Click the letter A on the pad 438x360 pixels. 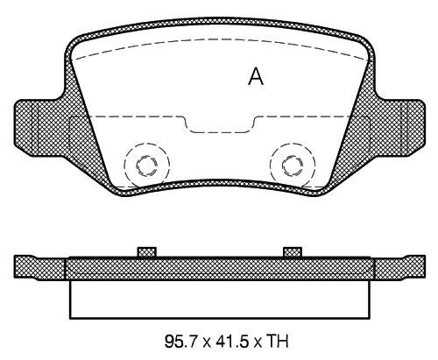coord(256,76)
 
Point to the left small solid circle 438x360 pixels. coord(146,166)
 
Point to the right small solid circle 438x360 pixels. coord(293,166)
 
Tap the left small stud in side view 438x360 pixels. coord(147,252)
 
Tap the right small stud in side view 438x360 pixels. coord(293,252)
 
